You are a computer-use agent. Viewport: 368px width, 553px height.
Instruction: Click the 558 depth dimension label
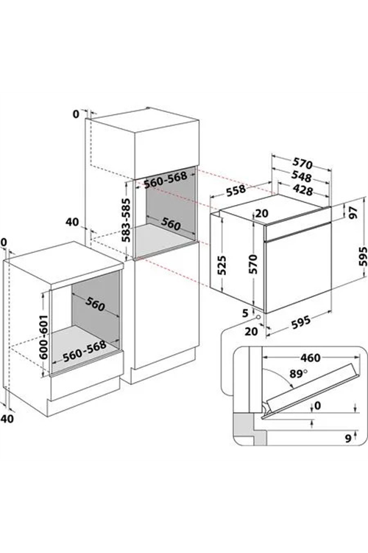[x=236, y=189]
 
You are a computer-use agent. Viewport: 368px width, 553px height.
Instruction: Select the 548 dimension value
[x=302, y=176]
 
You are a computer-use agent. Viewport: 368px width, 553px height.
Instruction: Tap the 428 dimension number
[x=302, y=189]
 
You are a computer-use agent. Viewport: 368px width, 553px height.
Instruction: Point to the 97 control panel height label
[x=353, y=212]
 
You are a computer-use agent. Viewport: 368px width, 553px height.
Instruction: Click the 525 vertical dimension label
[x=222, y=265]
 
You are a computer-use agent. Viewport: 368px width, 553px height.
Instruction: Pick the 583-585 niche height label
[x=126, y=220]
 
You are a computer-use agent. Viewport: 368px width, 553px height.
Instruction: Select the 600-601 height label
[x=43, y=336]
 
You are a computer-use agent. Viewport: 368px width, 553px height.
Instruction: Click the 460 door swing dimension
[x=311, y=358]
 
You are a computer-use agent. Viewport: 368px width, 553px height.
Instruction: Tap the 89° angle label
[x=298, y=374]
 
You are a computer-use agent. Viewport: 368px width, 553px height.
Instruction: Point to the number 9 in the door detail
[x=348, y=439]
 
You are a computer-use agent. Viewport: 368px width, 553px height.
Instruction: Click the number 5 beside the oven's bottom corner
[x=245, y=313]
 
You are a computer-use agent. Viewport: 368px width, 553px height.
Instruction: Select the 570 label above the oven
[x=302, y=163]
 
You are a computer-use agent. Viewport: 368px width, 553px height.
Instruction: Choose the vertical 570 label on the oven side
[x=253, y=264]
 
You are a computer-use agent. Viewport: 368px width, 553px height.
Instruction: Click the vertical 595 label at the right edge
[x=362, y=257]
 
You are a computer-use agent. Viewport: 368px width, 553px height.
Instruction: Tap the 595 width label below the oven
[x=301, y=322]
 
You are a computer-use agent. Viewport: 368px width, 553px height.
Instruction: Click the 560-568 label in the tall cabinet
[x=165, y=180]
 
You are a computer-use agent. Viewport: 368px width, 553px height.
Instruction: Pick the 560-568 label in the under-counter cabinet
[x=85, y=351]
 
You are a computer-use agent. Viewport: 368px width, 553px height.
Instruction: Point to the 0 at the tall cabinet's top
[x=76, y=114]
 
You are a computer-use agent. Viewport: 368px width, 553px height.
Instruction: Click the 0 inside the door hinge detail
[x=318, y=406]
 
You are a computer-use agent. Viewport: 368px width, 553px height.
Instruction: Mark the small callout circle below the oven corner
[x=259, y=317]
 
